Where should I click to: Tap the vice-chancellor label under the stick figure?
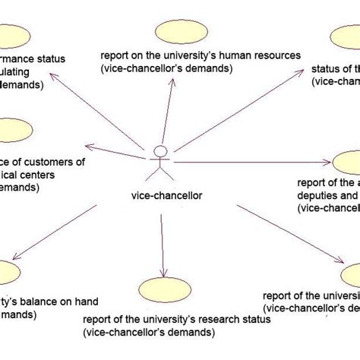tap(161, 195)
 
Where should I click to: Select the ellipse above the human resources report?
tap(178, 33)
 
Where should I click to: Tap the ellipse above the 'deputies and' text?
tap(346, 163)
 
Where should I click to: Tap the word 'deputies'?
tap(316, 194)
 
